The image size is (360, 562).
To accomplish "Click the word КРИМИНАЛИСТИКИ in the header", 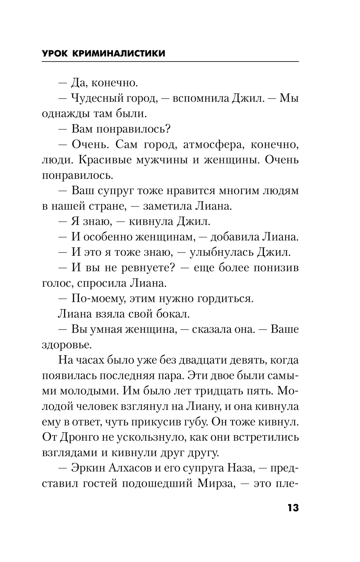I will (x=119, y=54).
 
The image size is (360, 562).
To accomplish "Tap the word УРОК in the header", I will (x=55, y=54).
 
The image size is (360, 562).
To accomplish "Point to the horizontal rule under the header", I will (x=170, y=62).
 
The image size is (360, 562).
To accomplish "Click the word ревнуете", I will (x=144, y=268).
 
